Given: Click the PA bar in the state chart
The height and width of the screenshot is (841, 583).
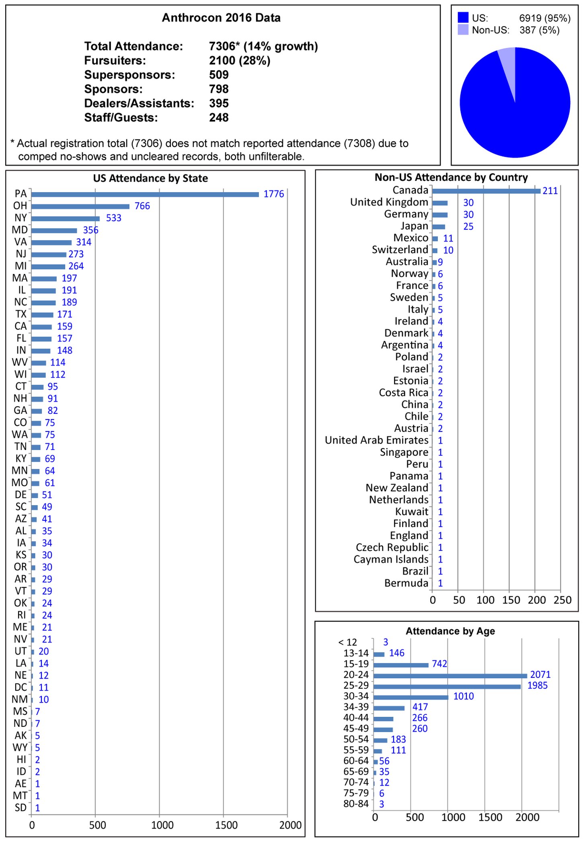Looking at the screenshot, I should point(145,194).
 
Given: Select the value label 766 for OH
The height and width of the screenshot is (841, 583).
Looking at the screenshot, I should point(142,206).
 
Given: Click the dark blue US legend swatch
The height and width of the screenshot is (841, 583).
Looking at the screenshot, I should point(463,17).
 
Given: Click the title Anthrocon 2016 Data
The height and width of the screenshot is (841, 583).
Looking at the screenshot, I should point(221,18).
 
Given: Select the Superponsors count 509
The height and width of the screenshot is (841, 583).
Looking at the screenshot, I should point(219,75).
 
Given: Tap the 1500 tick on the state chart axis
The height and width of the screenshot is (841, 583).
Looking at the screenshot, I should point(226,825).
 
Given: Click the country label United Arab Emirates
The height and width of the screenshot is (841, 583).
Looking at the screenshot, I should point(376,440).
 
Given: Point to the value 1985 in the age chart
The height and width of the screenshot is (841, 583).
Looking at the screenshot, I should point(537,685).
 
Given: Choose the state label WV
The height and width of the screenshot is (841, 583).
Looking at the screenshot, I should point(20,362).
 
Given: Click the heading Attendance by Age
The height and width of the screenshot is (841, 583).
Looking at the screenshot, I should point(450,631).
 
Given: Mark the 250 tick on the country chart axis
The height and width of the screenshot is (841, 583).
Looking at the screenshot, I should point(562,600).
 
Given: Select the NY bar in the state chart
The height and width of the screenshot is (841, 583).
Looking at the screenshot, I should point(65,219).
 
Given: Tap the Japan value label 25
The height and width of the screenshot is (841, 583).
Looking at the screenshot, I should point(468,227).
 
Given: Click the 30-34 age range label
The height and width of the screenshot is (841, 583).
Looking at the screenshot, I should point(356,696).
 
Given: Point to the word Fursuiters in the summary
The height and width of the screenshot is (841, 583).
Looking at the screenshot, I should point(115,61).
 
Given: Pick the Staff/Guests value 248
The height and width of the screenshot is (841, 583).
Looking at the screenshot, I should point(219,118).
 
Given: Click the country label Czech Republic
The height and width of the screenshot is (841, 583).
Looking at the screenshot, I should point(392,547).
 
